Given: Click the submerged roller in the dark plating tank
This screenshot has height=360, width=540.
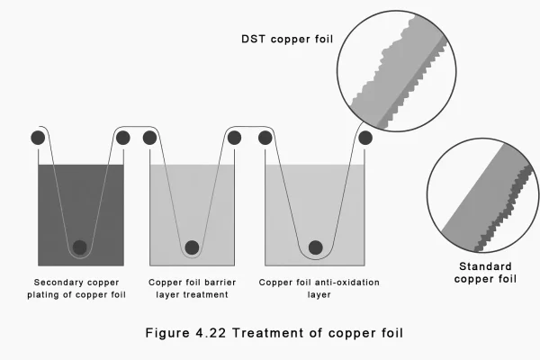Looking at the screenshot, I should point(80,247).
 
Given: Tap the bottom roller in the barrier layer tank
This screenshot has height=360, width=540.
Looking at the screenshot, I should point(191,247).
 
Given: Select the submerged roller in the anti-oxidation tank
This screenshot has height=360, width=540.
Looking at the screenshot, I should point(315,247).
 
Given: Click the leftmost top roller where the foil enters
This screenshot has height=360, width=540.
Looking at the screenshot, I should point(38,138).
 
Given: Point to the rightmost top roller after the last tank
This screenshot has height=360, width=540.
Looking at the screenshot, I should point(364,138).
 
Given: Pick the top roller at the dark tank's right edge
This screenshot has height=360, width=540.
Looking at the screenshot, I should point(122,138).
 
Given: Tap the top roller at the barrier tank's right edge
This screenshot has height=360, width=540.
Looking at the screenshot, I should point(234,138).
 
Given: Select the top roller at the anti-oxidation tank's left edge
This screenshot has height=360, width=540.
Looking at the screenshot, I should point(265,138).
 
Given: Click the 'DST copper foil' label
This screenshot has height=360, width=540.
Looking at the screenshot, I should point(281,39).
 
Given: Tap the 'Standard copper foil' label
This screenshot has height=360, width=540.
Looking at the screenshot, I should point(485,273).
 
